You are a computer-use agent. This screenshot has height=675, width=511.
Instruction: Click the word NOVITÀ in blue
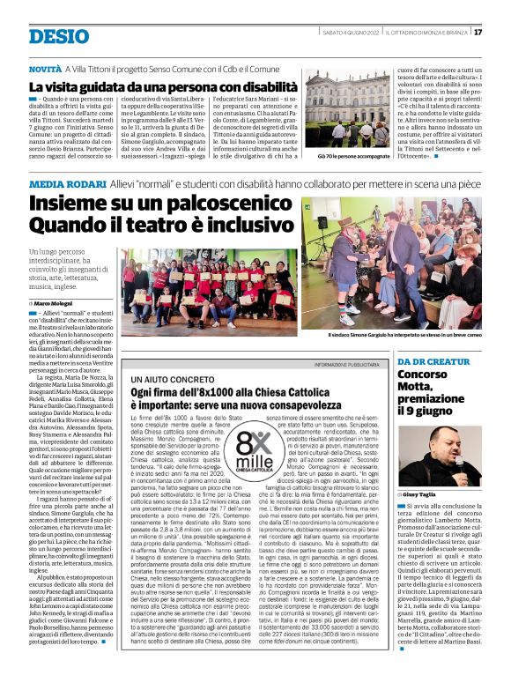coord(45,68)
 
